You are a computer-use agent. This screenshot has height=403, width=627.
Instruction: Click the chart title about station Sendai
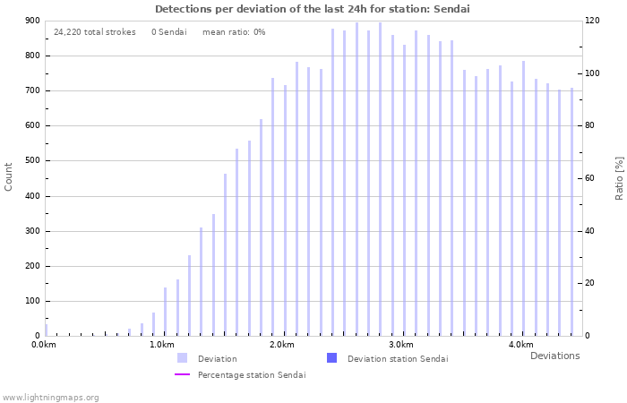click(x=312, y=9)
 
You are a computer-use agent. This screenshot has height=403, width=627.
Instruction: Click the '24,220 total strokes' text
click(x=95, y=32)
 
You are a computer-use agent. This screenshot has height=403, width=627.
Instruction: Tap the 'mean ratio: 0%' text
click(x=234, y=32)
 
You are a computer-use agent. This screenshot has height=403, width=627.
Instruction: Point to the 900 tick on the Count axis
click(x=32, y=21)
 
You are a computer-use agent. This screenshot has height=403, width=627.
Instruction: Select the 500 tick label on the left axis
click(x=32, y=161)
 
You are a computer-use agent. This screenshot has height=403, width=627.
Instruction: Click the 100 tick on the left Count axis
click(x=32, y=301)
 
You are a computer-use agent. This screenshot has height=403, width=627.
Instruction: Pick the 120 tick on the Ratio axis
click(x=593, y=21)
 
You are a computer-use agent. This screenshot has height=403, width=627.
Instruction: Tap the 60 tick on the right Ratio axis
click(x=591, y=179)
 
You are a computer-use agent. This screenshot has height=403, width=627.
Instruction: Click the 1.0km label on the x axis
click(x=162, y=345)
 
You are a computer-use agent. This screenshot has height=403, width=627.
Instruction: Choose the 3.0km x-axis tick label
click(x=401, y=345)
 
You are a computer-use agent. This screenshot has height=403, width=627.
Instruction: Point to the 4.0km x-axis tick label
click(x=520, y=345)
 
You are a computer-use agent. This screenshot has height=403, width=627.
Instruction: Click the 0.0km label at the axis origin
click(x=44, y=345)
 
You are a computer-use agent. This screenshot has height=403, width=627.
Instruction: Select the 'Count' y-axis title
click(x=9, y=176)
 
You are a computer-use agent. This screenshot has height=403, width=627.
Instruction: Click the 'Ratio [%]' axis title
click(x=619, y=177)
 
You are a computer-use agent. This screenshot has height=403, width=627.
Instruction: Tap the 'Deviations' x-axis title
click(x=554, y=356)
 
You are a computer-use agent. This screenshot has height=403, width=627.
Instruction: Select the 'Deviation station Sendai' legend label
click(x=398, y=359)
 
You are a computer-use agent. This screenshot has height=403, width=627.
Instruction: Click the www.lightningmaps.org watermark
click(x=50, y=398)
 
